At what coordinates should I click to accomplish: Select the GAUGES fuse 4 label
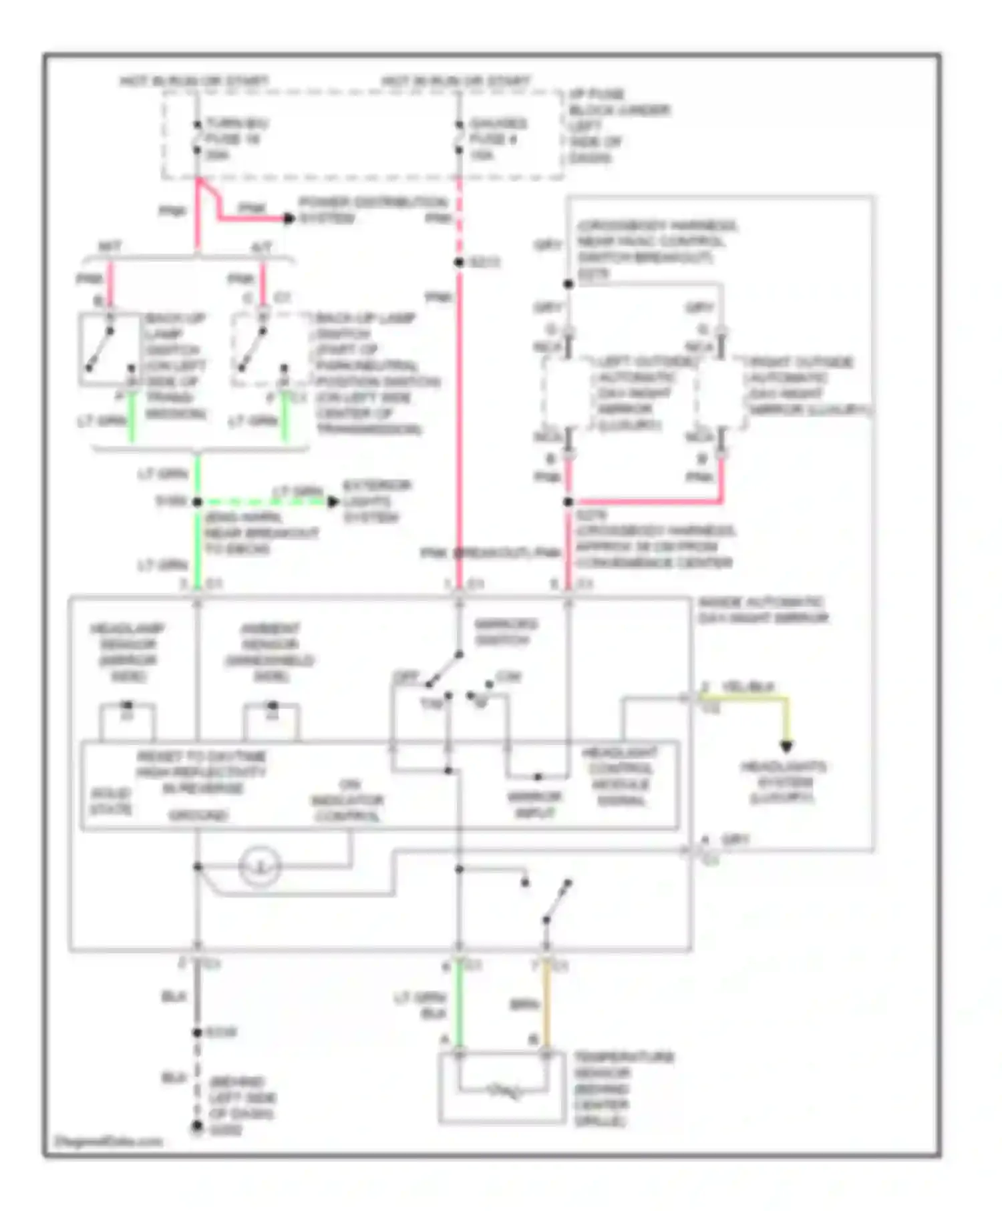[x=497, y=139]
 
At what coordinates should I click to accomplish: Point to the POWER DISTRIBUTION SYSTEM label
[x=371, y=210]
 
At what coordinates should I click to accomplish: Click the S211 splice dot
[x=459, y=262]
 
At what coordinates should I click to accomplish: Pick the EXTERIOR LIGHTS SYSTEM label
[x=375, y=501]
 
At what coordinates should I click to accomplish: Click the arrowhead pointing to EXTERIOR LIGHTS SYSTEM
[x=333, y=501]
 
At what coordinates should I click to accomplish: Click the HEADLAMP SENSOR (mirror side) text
[x=128, y=652]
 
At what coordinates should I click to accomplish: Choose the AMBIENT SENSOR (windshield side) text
[x=270, y=652]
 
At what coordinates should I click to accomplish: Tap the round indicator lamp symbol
[x=260, y=867]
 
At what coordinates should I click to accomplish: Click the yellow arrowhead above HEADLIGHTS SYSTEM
[x=786, y=746]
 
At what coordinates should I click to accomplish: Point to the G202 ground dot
[x=197, y=1127]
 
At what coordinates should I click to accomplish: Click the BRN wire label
[x=524, y=1004]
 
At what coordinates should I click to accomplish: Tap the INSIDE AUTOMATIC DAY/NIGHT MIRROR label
[x=762, y=610]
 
